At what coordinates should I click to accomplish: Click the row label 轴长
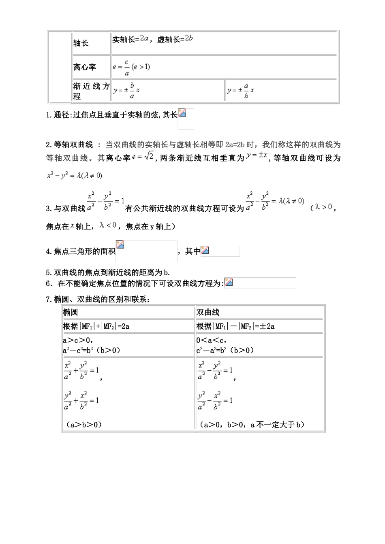pos(81,43)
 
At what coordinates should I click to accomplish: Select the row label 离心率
pos(85,67)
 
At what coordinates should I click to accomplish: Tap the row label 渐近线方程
pos(91,91)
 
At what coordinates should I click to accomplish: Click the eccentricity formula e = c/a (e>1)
pos(131,67)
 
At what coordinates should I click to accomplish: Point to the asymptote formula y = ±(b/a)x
pos(126,91)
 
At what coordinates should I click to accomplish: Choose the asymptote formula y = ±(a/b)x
pos(241,91)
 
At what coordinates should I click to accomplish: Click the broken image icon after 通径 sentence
pos(182,113)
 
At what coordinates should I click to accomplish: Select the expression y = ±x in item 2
pos(257,155)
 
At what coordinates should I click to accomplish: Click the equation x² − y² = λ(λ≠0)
pos(75,176)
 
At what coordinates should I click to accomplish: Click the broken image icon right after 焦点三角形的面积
pos(120,244)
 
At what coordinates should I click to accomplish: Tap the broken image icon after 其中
pos(205,250)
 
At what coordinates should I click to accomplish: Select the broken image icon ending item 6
pos(229,282)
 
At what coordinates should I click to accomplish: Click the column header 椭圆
pos(71,312)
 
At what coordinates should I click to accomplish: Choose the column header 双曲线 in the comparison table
pos(208,312)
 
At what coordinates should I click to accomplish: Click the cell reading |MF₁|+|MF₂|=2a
pos(96,326)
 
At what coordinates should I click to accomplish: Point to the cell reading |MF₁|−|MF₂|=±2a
pos(235,326)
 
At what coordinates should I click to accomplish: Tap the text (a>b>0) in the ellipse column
pos(83,425)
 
